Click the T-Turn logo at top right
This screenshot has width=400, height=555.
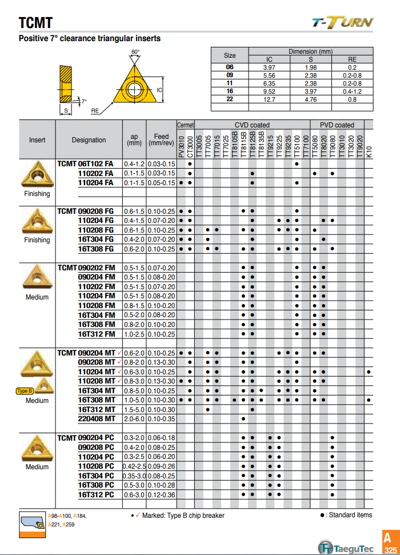pyautogui.click(x=342, y=22)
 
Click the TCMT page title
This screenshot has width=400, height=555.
pyautogui.click(x=35, y=23)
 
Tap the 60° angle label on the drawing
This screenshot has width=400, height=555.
pyautogui.click(x=135, y=52)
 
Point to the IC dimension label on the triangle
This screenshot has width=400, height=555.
pyautogui.click(x=160, y=90)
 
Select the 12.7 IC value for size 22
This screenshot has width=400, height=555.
pyautogui.click(x=270, y=99)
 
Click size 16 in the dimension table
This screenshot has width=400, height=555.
pyautogui.click(x=230, y=91)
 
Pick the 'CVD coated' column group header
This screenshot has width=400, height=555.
pyautogui.click(x=252, y=125)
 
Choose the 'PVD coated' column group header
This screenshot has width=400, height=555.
pyautogui.click(x=337, y=125)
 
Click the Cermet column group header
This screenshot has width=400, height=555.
pyautogui.click(x=185, y=125)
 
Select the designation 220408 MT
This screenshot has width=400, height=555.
pyautogui.click(x=97, y=418)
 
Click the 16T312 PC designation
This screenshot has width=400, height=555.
pyautogui.click(x=96, y=494)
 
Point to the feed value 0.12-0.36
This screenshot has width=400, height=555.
pyautogui.click(x=161, y=494)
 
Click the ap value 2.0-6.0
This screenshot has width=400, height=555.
pyautogui.click(x=134, y=418)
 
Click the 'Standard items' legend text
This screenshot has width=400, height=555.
pyautogui.click(x=350, y=515)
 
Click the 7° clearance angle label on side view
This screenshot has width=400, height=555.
pyautogui.click(x=84, y=101)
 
